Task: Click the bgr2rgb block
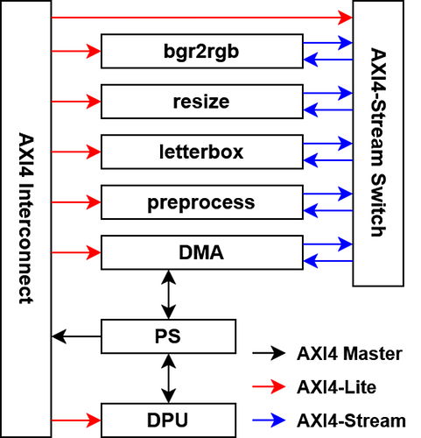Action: click(x=200, y=51)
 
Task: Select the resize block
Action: click(x=200, y=102)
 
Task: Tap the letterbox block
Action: click(x=200, y=152)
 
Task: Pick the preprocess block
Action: click(x=200, y=202)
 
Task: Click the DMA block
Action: click(x=200, y=253)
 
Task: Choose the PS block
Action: click(x=169, y=336)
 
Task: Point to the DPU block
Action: click(x=169, y=420)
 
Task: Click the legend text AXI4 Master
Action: click(x=348, y=354)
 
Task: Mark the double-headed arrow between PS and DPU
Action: click(x=169, y=378)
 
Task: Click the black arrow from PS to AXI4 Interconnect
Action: click(x=77, y=336)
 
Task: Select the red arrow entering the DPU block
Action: click(x=77, y=420)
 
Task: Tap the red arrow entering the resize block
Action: click(x=77, y=102)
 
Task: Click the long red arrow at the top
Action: click(x=202, y=17)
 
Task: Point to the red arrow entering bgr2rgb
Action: click(x=77, y=51)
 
